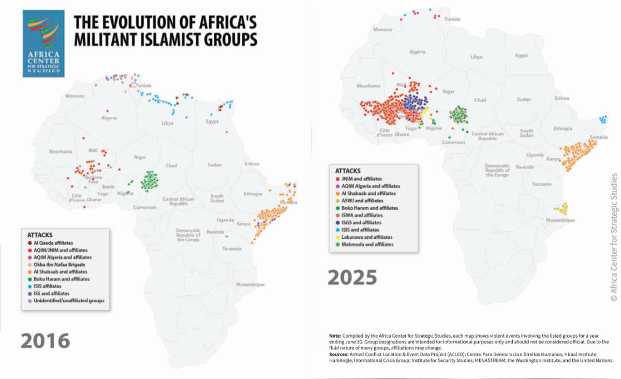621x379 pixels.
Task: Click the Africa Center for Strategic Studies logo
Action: [x=43, y=43]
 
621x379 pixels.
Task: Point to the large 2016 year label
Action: [x=46, y=340]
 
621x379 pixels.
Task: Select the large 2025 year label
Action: [x=352, y=278]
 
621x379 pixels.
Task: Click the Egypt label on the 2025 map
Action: [x=521, y=55]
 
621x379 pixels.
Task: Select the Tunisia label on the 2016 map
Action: [x=144, y=85]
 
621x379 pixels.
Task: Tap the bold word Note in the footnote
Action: [x=335, y=336]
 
